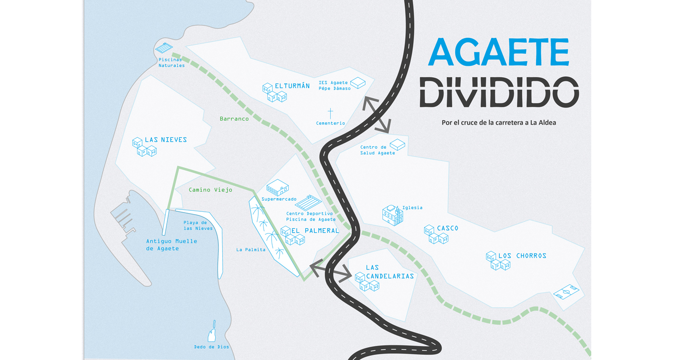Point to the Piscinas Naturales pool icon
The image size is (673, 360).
164,48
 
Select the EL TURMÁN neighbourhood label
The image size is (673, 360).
292,86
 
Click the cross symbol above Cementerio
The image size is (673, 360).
330,113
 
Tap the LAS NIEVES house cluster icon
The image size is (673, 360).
144,147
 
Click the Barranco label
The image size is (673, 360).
234,119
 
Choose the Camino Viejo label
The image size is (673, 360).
210,190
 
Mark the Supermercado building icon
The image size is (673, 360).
277,188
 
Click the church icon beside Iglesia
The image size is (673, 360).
392,215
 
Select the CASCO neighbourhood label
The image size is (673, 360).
447,228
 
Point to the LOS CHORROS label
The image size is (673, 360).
522,256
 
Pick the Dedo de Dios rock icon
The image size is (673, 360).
213,332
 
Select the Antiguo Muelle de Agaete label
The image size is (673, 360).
171,244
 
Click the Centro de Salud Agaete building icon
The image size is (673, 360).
397,144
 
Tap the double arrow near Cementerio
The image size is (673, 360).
376,114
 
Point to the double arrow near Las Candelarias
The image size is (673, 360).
330,270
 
